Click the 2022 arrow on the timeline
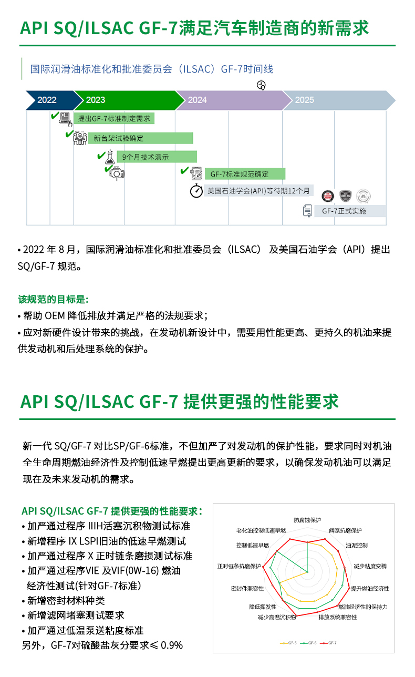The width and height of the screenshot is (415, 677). [49, 100]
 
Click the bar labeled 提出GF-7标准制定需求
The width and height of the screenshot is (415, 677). [116, 119]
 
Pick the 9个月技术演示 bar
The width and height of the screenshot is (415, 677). [157, 157]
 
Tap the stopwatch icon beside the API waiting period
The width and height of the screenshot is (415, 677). [196, 191]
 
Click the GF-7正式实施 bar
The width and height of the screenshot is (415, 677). [350, 211]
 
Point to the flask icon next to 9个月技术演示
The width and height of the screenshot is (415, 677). [109, 157]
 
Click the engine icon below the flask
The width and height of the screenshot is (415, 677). [117, 173]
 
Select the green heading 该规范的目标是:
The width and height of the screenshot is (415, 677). [53, 299]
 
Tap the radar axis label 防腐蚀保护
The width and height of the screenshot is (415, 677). [307, 520]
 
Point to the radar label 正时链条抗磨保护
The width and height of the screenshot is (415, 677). [239, 567]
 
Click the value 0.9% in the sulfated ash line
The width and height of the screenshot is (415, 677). [172, 645]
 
